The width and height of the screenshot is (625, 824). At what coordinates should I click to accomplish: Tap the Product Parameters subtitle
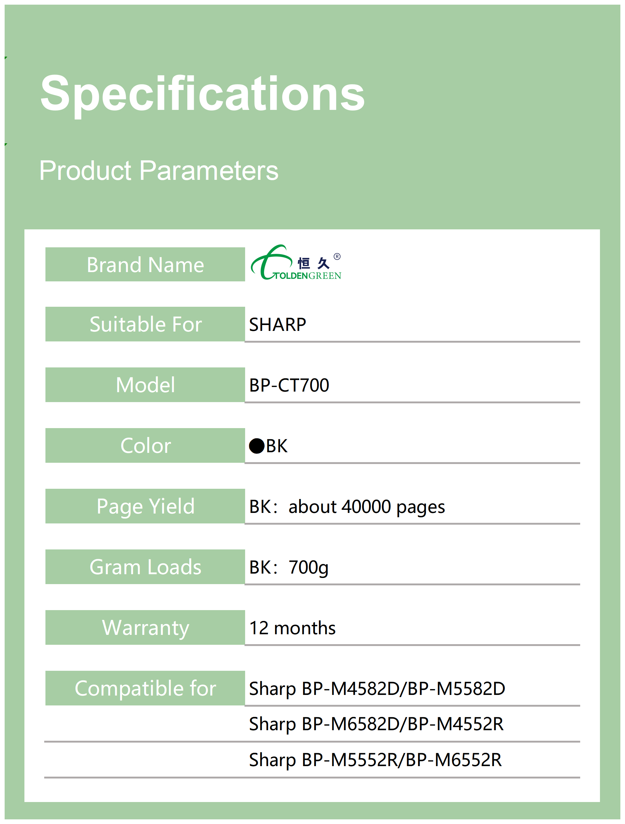pos(159,171)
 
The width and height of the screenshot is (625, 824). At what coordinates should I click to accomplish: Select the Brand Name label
pos(146,265)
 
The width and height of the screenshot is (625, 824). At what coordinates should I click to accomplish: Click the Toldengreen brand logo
pos(296,262)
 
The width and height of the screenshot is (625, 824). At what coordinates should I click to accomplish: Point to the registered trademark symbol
pos(337,256)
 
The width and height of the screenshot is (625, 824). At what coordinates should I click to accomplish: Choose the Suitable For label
pos(146,324)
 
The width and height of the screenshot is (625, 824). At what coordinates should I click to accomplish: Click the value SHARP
pos(278,324)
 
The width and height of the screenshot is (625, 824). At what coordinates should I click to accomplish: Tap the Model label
pos(146,385)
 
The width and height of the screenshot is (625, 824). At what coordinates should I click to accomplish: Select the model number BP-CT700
pos(289,385)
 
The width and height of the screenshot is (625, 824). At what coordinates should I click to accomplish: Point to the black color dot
pos(257,446)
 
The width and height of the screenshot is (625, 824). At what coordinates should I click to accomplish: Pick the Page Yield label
pos(146,507)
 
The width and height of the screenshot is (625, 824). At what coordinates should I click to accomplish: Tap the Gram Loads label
pos(146,567)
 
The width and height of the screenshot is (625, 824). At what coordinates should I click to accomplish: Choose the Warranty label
pos(146,628)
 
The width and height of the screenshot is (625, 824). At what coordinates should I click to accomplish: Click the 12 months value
pos(292,628)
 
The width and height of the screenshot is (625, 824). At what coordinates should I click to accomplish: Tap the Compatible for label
pos(146,688)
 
